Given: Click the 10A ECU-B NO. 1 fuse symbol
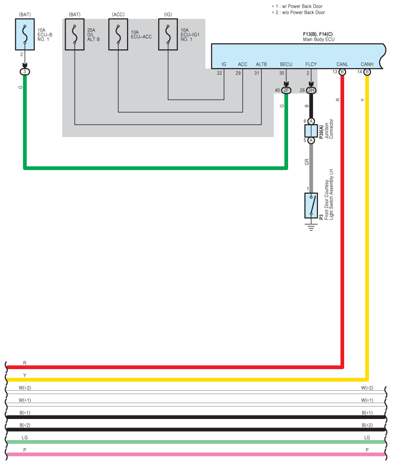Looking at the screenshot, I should (25, 34).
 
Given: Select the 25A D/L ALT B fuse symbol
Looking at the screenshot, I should (74, 34).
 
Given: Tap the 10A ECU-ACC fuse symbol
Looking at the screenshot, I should (118, 34).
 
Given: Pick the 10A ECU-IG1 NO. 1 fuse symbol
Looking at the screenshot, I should (168, 34).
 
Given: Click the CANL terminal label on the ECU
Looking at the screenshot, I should (342, 64).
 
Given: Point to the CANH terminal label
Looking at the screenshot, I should (367, 64).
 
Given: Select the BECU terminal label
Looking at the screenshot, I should (286, 64).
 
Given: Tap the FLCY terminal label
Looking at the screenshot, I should (311, 64).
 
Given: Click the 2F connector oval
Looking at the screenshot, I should (286, 90).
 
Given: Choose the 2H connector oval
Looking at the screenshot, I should (311, 90).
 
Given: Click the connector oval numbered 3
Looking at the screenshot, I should (25, 72).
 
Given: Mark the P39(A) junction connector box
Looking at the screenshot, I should (311, 130).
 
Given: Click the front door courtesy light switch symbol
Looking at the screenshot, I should (311, 205).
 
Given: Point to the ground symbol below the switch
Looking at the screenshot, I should (311, 226).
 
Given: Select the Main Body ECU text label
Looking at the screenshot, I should (318, 39).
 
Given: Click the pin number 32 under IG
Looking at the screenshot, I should (220, 73).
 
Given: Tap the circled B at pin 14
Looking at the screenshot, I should (367, 72).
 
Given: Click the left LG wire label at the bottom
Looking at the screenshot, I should (25, 438).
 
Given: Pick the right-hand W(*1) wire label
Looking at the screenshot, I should (367, 400).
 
